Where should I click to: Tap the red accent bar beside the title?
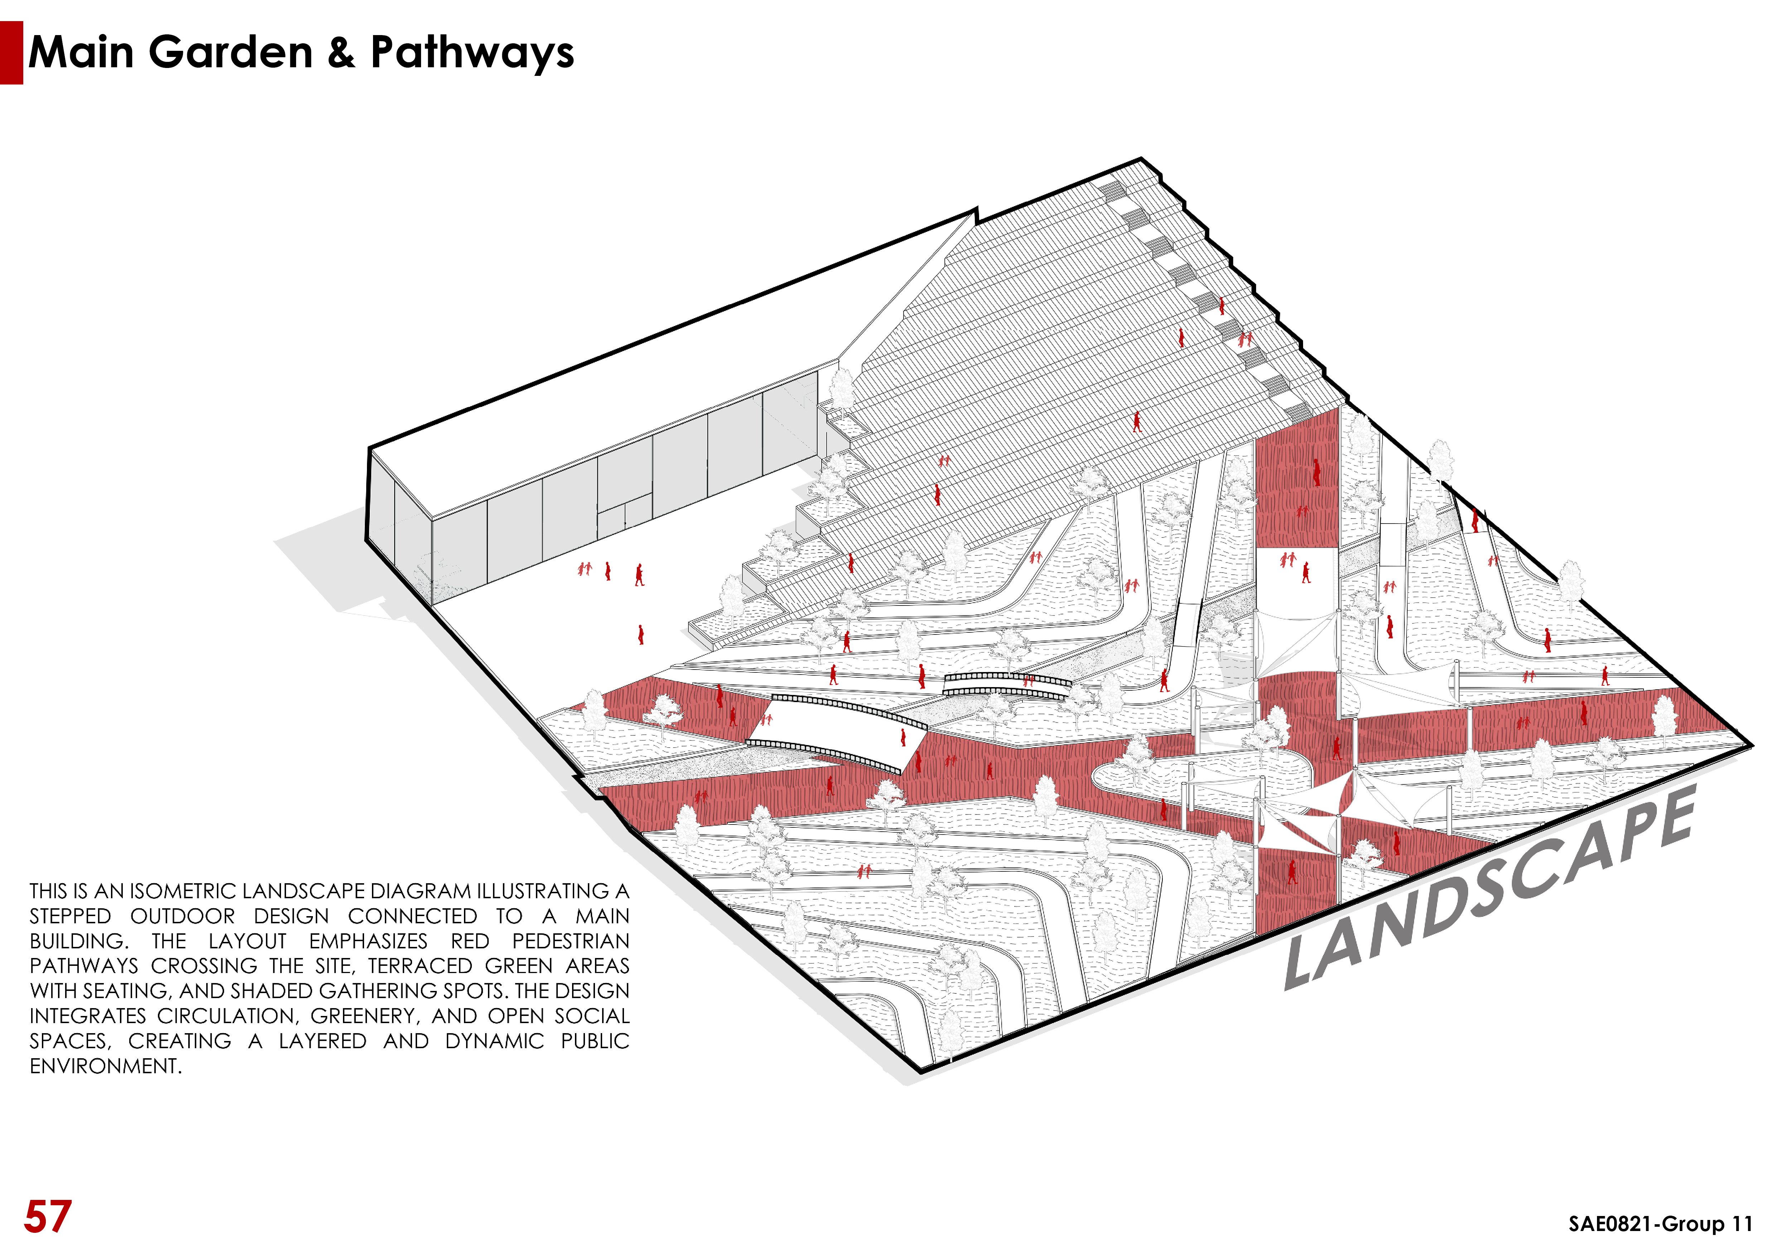(11, 53)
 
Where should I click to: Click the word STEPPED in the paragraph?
(71, 916)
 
